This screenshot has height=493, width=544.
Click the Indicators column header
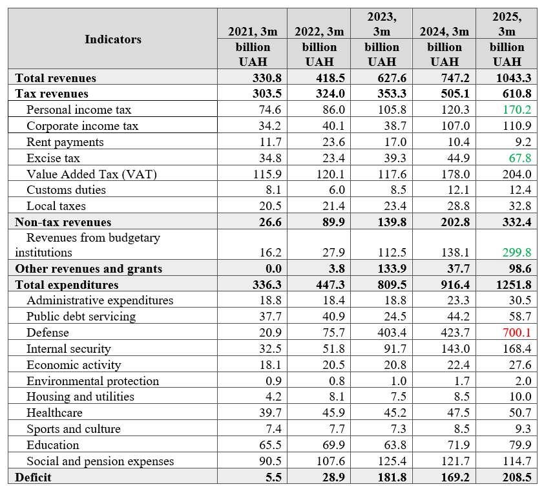click(x=113, y=39)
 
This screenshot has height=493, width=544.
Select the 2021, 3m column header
click(x=253, y=32)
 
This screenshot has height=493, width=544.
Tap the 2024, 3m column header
click(x=444, y=32)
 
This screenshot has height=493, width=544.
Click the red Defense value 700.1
click(x=517, y=332)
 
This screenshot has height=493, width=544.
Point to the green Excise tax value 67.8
click(x=519, y=158)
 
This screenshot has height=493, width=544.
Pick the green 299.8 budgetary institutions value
click(x=517, y=252)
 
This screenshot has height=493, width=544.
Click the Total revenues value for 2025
click(x=514, y=78)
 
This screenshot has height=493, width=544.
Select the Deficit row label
click(x=33, y=477)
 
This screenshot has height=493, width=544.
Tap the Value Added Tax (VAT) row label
click(x=92, y=174)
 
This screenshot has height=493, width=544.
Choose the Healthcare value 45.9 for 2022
click(x=334, y=412)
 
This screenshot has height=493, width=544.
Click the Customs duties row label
click(x=67, y=190)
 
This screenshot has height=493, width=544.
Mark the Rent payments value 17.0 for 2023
click(x=395, y=142)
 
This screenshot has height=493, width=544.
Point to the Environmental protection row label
click(x=92, y=381)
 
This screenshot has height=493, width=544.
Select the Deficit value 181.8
click(x=392, y=477)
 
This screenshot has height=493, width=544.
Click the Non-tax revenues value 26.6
click(x=270, y=222)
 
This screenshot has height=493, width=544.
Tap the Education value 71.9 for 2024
click(x=458, y=445)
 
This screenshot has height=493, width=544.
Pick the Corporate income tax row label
click(x=82, y=125)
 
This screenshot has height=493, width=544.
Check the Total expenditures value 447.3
click(x=330, y=284)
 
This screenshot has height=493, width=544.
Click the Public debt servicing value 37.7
click(x=270, y=317)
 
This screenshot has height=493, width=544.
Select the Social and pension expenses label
click(x=100, y=461)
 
